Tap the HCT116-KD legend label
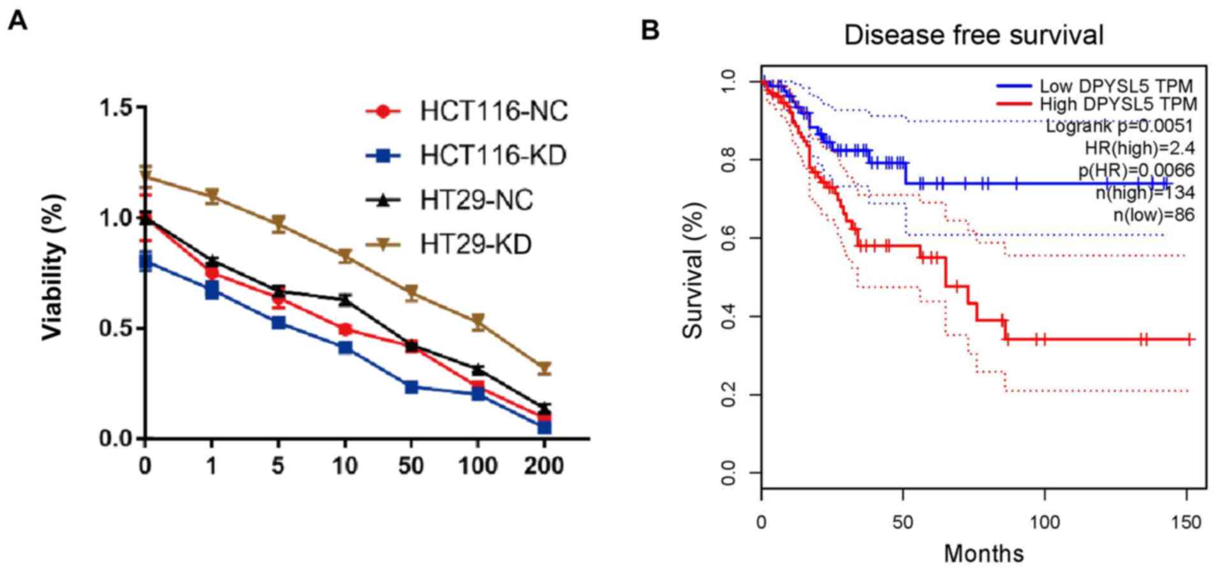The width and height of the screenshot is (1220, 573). point(493,156)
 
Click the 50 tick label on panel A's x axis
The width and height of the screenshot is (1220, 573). point(411,466)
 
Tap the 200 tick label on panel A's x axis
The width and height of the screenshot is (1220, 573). point(543,466)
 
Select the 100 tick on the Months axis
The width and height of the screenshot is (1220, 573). point(1045,523)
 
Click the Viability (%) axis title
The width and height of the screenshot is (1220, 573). point(54,267)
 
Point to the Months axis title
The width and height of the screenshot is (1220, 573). point(983,553)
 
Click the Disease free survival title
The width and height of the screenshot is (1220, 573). point(973,34)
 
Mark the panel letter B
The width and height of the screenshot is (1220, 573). point(649,29)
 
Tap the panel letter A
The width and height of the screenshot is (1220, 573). point(17,22)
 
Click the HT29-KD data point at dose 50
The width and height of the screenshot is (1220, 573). point(411,292)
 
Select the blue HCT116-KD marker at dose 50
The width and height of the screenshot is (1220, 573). point(411,387)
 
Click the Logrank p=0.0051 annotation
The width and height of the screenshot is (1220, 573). point(1119,126)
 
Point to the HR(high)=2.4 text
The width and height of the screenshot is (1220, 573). point(1140,148)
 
